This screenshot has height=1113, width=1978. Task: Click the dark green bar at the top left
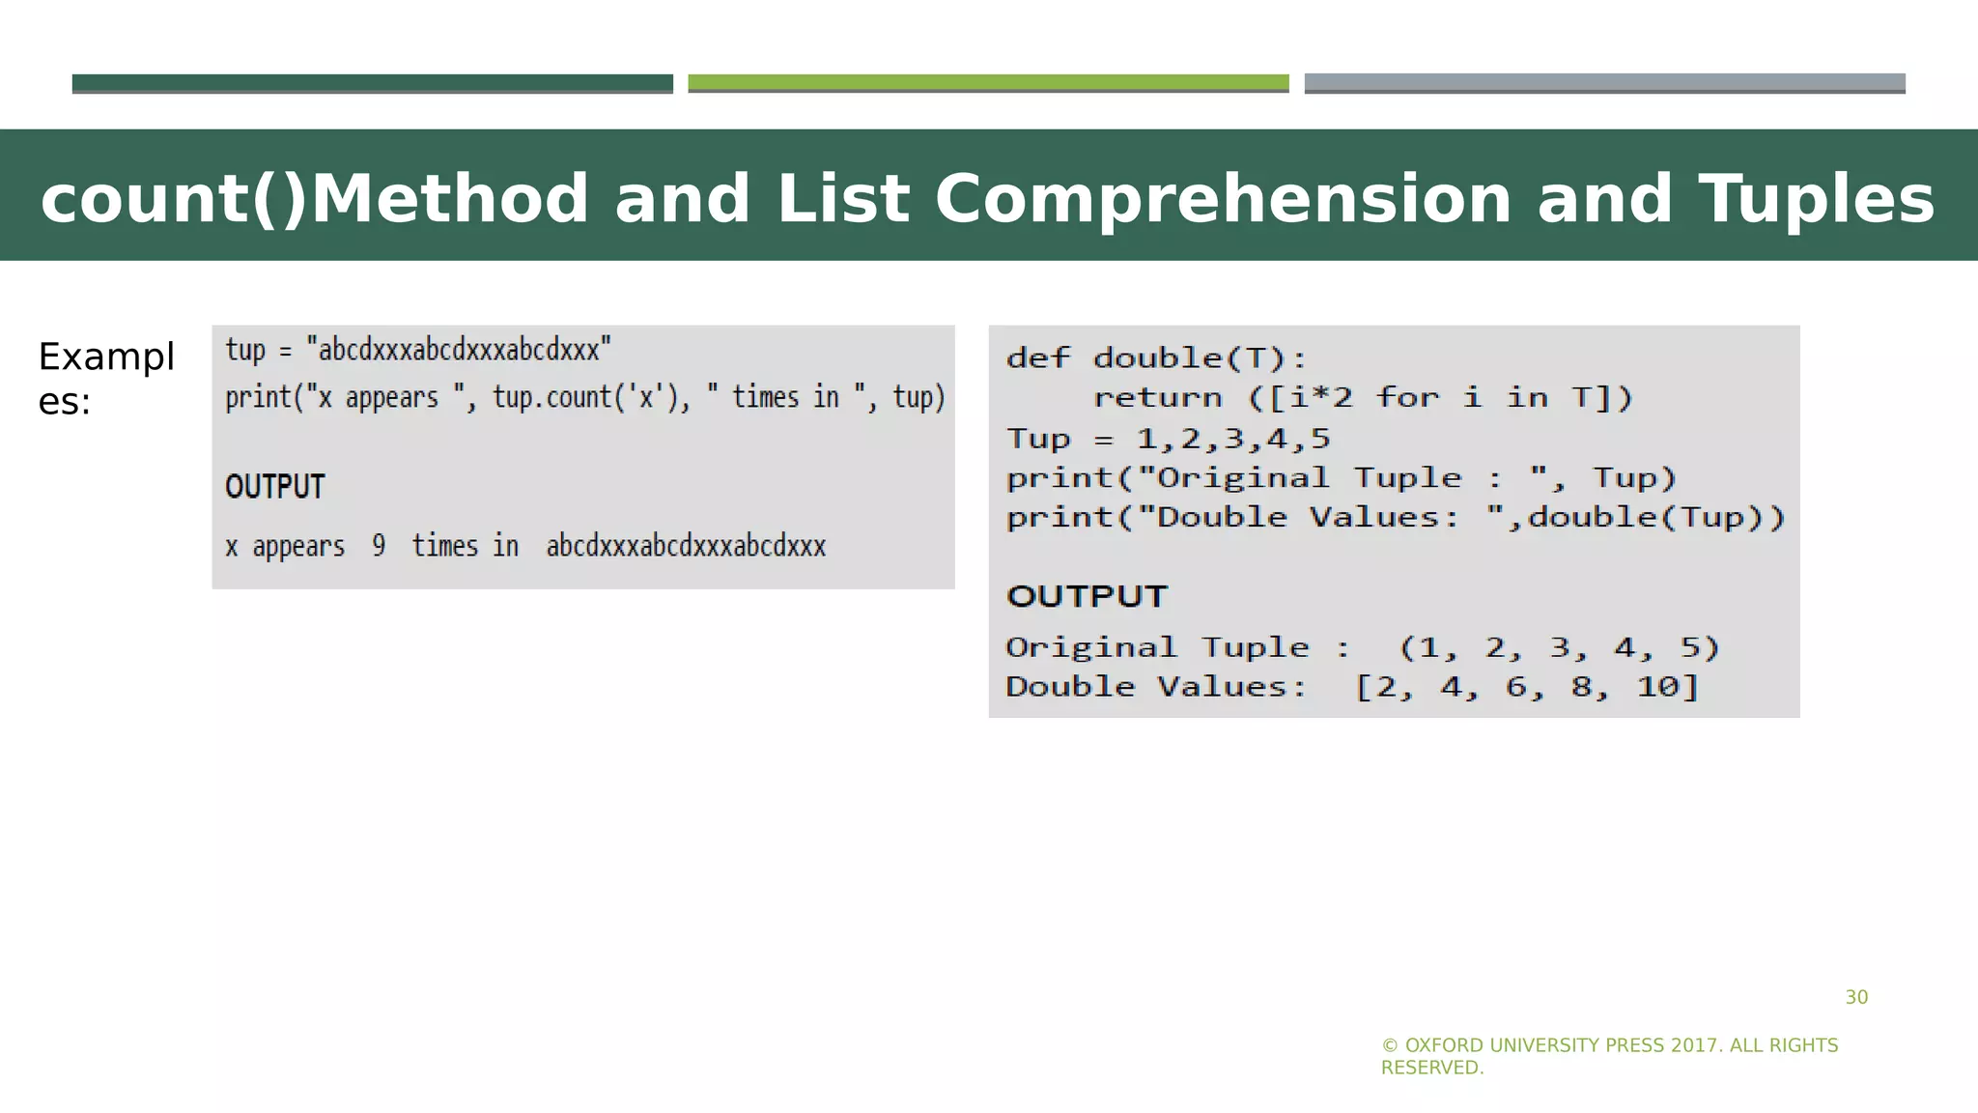point(372,83)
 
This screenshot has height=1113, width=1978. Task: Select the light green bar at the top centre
point(988,83)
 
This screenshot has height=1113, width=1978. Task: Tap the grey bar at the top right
point(1604,83)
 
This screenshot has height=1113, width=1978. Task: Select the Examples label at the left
point(105,378)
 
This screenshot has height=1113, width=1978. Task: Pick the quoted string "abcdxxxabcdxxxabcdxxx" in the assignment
point(459,349)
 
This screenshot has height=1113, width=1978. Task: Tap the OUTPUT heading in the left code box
point(275,486)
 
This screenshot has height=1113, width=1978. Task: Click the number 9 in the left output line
point(379,546)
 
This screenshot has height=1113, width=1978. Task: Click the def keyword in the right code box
point(1038,358)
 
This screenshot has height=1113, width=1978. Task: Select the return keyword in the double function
point(1157,397)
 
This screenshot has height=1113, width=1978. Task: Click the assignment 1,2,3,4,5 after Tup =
point(1233,439)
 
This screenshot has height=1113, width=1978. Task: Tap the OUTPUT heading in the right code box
point(1088,596)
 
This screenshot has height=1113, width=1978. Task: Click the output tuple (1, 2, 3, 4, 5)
point(1560,647)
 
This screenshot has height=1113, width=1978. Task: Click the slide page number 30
point(1856,997)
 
